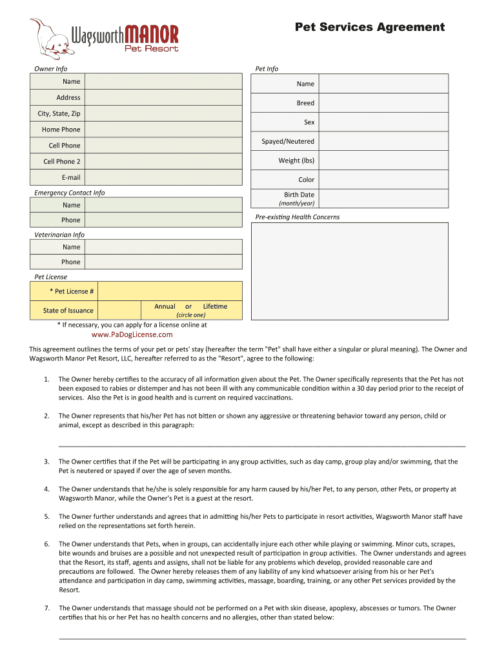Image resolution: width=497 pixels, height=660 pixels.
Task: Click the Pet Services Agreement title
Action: (x=369, y=27)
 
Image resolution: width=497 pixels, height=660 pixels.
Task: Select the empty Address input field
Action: (x=163, y=97)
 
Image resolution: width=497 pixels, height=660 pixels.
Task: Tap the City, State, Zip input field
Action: (x=163, y=113)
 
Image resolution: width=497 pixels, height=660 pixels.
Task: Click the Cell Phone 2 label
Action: (x=62, y=162)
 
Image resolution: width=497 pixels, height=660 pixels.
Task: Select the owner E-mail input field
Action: (x=163, y=177)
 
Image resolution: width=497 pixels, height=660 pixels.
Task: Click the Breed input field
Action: (x=383, y=103)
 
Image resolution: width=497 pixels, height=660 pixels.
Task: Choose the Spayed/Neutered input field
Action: (x=383, y=141)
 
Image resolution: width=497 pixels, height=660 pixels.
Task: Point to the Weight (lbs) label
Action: (x=296, y=160)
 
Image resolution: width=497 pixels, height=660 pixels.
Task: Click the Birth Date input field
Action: (x=383, y=198)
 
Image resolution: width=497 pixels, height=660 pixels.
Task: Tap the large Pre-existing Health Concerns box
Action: (x=349, y=271)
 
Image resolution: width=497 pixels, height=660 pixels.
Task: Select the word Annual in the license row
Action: (x=165, y=306)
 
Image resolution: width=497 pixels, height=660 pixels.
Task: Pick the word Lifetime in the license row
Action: (x=215, y=306)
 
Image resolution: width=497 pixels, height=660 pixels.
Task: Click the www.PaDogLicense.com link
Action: (x=132, y=335)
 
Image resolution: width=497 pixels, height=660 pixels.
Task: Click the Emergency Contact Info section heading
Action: (x=69, y=193)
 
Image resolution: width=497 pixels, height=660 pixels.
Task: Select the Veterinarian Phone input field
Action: (x=163, y=262)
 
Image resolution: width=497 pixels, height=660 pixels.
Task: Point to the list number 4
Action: (x=46, y=489)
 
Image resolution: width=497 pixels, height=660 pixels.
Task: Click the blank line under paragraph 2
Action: (x=261, y=445)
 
